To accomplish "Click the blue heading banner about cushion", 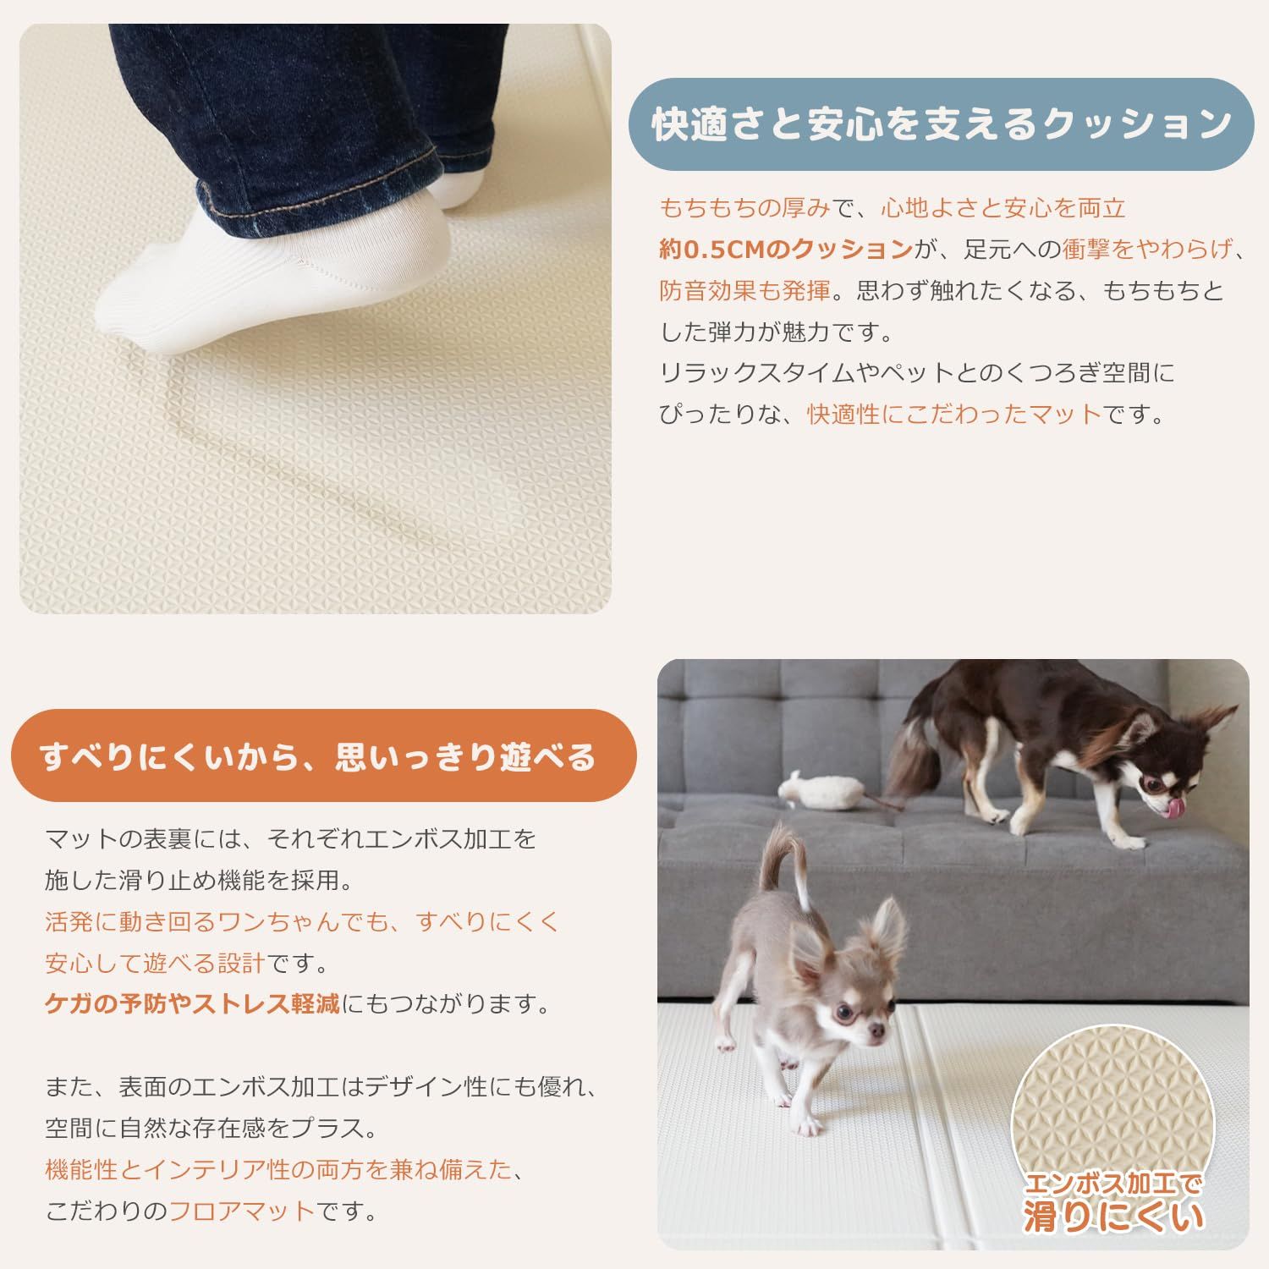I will pos(941,124).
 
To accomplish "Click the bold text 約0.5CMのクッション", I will pos(786,250).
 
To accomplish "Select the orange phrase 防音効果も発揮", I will pos(744,291).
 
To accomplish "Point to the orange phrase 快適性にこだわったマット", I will pos(954,415).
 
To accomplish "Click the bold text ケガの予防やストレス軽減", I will pos(192,1004).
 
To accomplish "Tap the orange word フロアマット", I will pos(242,1211).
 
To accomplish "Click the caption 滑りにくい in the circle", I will pos(1113,1216).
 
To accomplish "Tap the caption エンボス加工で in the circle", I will pos(1113,1182).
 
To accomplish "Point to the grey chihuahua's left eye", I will pos(843,1012).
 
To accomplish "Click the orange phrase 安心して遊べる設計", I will pos(155,963).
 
